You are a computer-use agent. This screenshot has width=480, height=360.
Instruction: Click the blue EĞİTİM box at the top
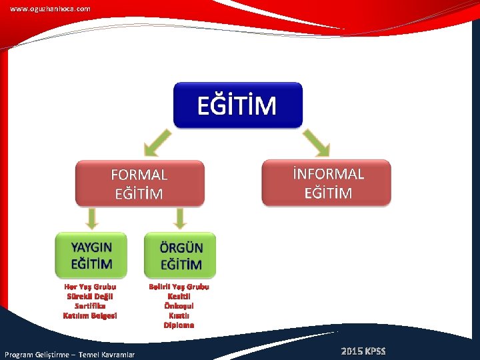237,105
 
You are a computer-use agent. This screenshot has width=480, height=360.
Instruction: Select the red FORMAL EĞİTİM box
139,183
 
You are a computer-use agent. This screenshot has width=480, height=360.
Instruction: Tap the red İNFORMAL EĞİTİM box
327,183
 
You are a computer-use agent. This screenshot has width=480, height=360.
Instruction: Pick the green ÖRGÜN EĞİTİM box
180,255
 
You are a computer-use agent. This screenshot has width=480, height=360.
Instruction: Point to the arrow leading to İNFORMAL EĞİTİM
317,142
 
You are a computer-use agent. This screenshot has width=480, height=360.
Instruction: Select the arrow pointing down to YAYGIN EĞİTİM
92,218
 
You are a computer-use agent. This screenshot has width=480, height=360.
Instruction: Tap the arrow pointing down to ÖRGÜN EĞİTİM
179,218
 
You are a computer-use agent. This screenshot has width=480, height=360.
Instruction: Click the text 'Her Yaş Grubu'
90,287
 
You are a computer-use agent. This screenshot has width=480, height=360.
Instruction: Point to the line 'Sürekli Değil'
90,296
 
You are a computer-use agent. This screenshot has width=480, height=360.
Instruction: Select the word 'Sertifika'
90,305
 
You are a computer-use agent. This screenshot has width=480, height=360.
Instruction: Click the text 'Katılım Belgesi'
90,315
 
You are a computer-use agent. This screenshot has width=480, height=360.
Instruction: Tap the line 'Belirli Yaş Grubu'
179,287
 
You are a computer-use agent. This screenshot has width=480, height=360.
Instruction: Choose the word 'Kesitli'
179,296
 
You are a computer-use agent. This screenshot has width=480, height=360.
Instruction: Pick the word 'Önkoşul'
179,306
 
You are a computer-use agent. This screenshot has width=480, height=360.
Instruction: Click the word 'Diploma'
179,325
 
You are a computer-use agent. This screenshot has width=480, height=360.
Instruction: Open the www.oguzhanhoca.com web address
50,9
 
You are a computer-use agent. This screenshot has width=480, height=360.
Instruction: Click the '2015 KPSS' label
363,351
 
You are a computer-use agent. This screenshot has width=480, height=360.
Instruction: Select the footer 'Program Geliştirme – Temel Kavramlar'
69,354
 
